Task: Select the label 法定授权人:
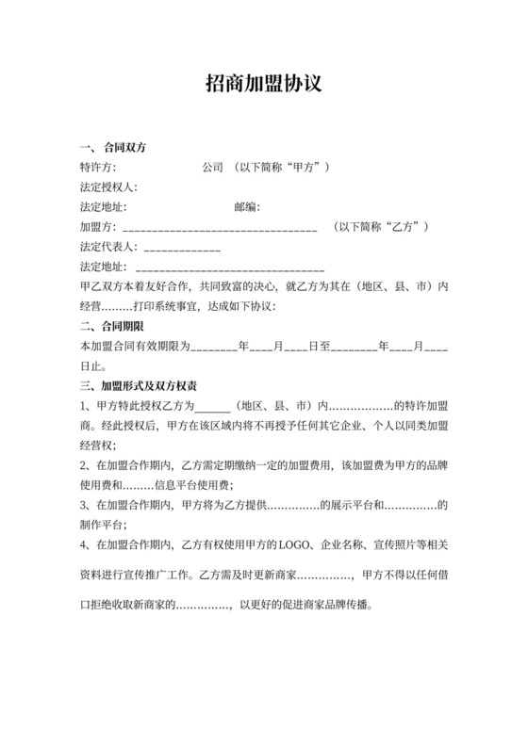click(108, 187)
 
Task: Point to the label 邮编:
click(247, 207)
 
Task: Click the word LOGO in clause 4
click(293, 544)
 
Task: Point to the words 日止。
click(93, 366)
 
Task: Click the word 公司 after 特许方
click(212, 168)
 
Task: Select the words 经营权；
click(98, 446)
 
